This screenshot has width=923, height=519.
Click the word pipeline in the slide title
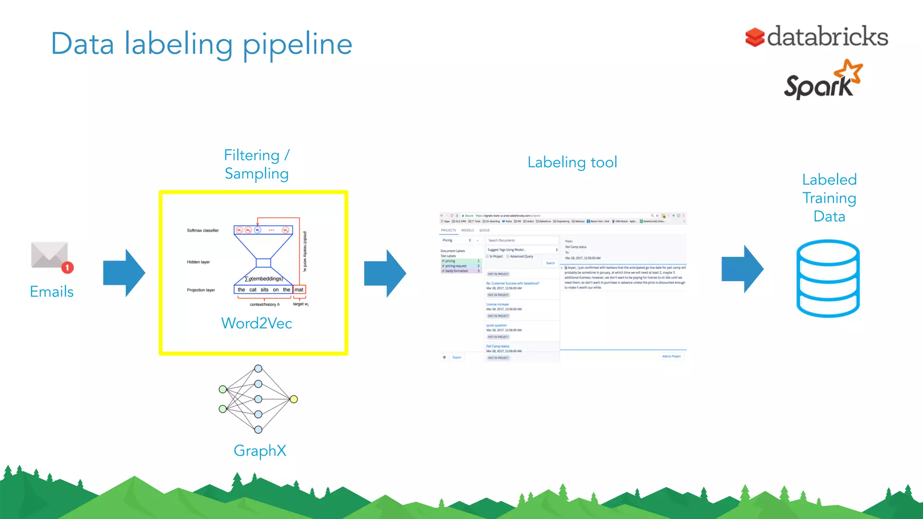pos(297,45)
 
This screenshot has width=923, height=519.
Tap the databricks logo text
pos(827,37)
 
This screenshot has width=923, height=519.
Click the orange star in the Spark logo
pos(849,72)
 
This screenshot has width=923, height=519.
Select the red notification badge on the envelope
pos(68,268)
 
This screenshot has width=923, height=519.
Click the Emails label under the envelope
pos(51,291)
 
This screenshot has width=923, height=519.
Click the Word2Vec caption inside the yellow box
pos(256,323)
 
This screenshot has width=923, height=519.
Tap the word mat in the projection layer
pos(299,290)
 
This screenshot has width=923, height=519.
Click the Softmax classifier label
pos(203,230)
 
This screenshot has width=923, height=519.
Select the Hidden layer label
pos(198,262)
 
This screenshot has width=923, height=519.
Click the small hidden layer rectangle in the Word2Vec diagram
pos(263,263)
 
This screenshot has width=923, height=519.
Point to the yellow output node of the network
pos(294,399)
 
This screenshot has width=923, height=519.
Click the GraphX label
pos(260,451)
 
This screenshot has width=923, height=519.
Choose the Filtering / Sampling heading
pos(256,164)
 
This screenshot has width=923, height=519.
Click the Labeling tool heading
pos(572,162)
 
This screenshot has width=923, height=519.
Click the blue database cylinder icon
pos(828,278)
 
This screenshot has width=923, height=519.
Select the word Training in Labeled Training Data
pos(829,198)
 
